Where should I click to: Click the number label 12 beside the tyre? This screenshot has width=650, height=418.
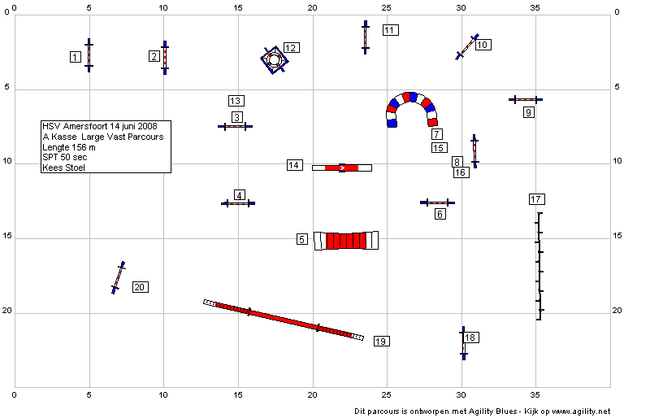[292, 48]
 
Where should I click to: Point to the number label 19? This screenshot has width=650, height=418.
[381, 342]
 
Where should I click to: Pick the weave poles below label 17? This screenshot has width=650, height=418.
[539, 266]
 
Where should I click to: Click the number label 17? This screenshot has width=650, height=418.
[537, 199]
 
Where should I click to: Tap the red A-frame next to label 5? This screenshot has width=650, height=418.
[346, 241]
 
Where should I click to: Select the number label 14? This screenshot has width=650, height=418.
[295, 165]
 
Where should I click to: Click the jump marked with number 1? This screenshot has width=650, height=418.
[89, 55]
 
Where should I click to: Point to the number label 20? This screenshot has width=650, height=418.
[140, 287]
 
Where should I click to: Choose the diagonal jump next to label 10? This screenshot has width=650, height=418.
[467, 47]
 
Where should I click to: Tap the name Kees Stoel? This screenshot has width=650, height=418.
[64, 168]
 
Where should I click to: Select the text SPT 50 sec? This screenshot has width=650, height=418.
[65, 157]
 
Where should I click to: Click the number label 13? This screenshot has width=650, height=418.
[236, 101]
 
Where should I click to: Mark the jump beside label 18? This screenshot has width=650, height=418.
[463, 343]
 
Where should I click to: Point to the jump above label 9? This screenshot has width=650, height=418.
[526, 100]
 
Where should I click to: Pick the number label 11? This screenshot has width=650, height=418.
[391, 30]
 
